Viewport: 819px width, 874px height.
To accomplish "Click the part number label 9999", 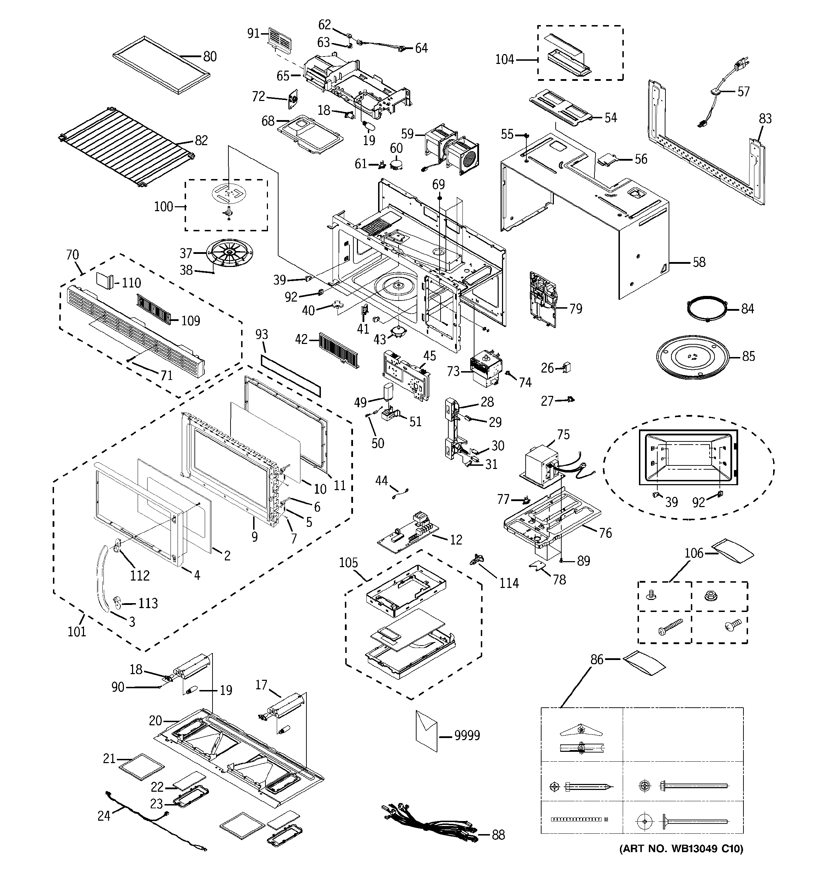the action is coord(467,735).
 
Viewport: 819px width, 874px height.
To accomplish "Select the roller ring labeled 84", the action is coord(706,309).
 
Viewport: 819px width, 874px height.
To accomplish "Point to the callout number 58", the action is coord(699,262).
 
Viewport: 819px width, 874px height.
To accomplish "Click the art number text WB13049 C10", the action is coord(703,861).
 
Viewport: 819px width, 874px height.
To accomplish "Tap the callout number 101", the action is coord(77,632).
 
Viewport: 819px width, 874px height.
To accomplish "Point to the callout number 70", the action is coord(72,255).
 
